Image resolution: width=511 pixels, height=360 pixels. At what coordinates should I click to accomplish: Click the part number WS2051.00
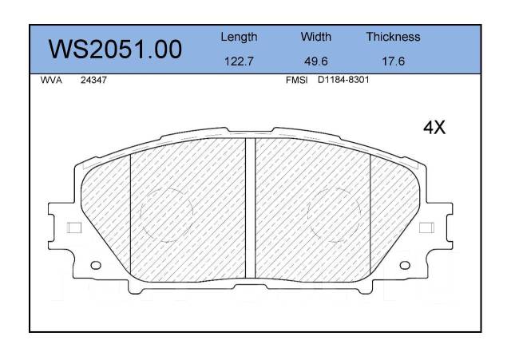click(117, 50)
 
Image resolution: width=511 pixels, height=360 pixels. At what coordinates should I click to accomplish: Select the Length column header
click(239, 37)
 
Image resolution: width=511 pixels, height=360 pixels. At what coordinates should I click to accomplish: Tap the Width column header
click(316, 37)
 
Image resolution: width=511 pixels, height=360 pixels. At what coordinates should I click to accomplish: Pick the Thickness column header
click(393, 37)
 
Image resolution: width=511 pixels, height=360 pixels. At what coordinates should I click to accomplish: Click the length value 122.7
click(239, 61)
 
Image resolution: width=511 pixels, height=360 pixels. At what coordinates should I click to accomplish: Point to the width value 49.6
click(316, 61)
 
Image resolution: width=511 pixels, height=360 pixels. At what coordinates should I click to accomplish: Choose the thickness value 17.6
click(393, 61)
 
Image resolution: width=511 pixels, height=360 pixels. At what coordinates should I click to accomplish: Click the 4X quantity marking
click(434, 127)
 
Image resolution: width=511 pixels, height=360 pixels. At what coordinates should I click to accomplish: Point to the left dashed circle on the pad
click(167, 214)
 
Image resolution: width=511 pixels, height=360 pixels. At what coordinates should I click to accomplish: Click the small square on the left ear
click(74, 227)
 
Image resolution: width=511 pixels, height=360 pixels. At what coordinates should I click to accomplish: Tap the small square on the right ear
click(426, 227)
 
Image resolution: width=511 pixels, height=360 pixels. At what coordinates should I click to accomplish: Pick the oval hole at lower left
click(96, 265)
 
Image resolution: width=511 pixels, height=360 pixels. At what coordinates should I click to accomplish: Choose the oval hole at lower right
click(405, 265)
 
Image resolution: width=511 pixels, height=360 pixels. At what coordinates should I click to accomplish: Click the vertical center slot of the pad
click(249, 208)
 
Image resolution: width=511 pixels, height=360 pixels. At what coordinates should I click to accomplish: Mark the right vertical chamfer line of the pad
click(370, 212)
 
